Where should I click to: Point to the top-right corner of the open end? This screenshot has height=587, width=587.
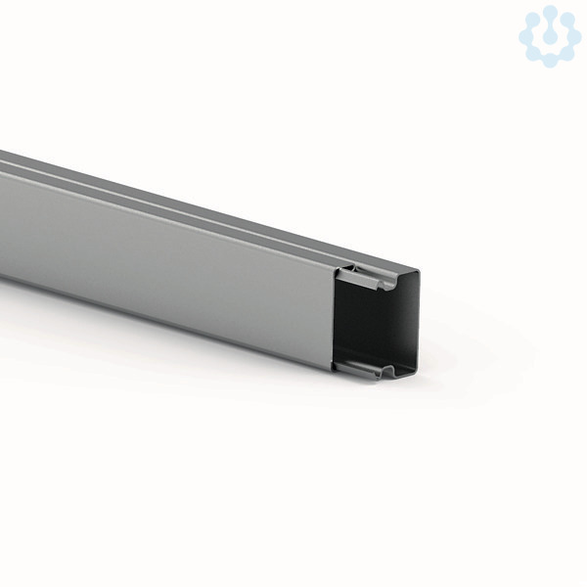pos(418,268)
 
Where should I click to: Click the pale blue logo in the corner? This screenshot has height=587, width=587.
pos(550,35)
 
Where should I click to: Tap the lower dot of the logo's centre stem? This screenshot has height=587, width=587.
pos(550,36)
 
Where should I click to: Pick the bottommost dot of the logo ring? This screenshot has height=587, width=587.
pos(550,61)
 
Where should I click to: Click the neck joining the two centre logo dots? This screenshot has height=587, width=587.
pos(550,25)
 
